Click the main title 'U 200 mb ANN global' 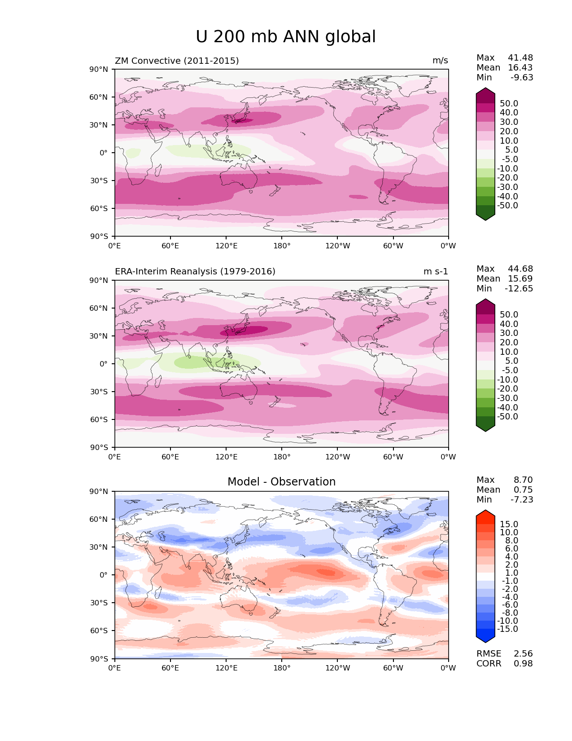coord(286,37)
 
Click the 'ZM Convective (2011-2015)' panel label coord(177,61)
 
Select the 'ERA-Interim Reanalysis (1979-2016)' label coord(195,271)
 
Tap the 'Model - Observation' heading coord(281,482)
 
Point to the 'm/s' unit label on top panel coord(440,61)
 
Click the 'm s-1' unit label coord(436,271)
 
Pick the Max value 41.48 coord(520,57)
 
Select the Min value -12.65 coord(519,288)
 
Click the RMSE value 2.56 coord(523,653)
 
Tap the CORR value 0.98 coord(523,663)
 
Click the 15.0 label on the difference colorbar coord(509,524)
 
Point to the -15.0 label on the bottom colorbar coord(507,629)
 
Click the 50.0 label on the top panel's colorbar coord(509,103)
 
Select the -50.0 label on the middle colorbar coord(507,416)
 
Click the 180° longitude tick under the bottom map coord(282,668)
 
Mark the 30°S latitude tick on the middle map coord(99,392)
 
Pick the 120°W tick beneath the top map coord(338,246)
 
